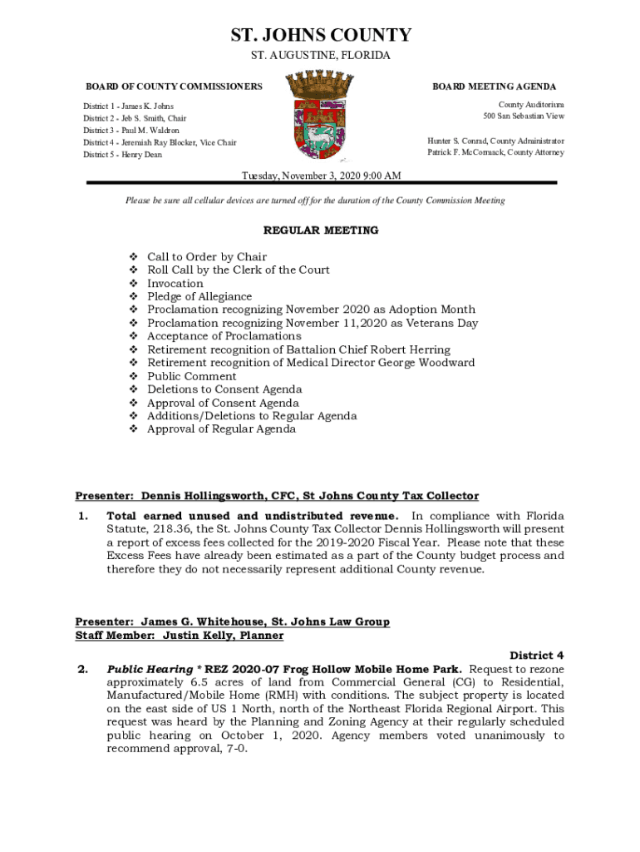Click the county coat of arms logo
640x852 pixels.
pyautogui.click(x=321, y=116)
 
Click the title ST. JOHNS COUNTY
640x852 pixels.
pyautogui.click(x=321, y=35)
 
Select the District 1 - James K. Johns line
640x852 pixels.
pyautogui.click(x=128, y=106)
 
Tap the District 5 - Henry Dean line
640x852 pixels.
pyautogui.click(x=122, y=155)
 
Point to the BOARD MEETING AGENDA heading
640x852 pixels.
pyautogui.click(x=494, y=87)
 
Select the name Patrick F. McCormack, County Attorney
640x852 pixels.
pyautogui.click(x=495, y=153)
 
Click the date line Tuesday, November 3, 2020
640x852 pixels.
pyautogui.click(x=321, y=176)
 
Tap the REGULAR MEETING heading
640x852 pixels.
pyautogui.click(x=321, y=230)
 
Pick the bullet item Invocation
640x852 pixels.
pyautogui.click(x=175, y=284)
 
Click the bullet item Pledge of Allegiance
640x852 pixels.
pyautogui.click(x=199, y=297)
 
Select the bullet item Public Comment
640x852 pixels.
pyautogui.click(x=191, y=377)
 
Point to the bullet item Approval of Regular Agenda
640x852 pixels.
pyautogui.click(x=221, y=429)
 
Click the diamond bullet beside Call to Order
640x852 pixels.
pyautogui.click(x=133, y=257)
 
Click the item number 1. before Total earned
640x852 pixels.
pyautogui.click(x=82, y=516)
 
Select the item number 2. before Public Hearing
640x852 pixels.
pyautogui.click(x=82, y=669)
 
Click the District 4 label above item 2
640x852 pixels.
pyautogui.click(x=537, y=656)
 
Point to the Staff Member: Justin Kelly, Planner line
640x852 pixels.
pyautogui.click(x=179, y=636)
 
